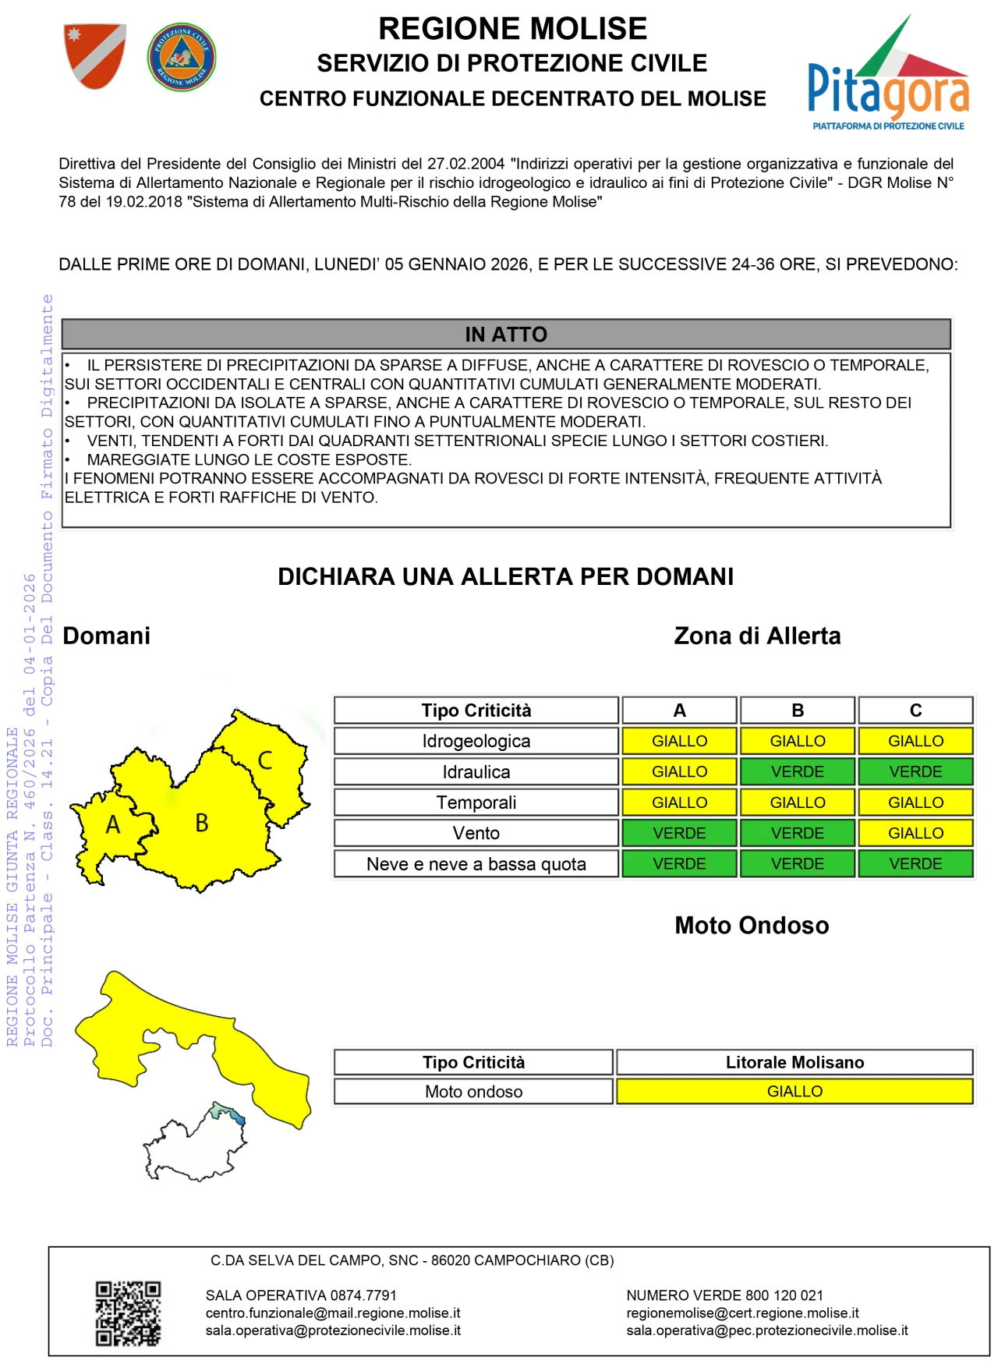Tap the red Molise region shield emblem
pos(94,55)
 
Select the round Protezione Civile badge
pos(181,57)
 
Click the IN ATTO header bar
pos(506,334)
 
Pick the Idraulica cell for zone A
pos(679,771)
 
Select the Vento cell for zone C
pos(915,833)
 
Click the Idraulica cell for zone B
pos(797,771)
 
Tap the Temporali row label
pos(476,802)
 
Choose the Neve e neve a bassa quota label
pos(476,864)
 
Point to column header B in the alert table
pos(797,710)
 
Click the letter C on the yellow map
pos(265,760)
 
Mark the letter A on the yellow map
pos(113,824)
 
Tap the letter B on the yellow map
pos(202,823)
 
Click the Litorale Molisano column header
pos(795,1062)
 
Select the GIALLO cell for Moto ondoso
pos(795,1091)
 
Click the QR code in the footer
pos(128,1313)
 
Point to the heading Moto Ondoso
pos(752,926)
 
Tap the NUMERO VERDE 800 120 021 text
pos(724,1295)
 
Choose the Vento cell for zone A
pos(679,833)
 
